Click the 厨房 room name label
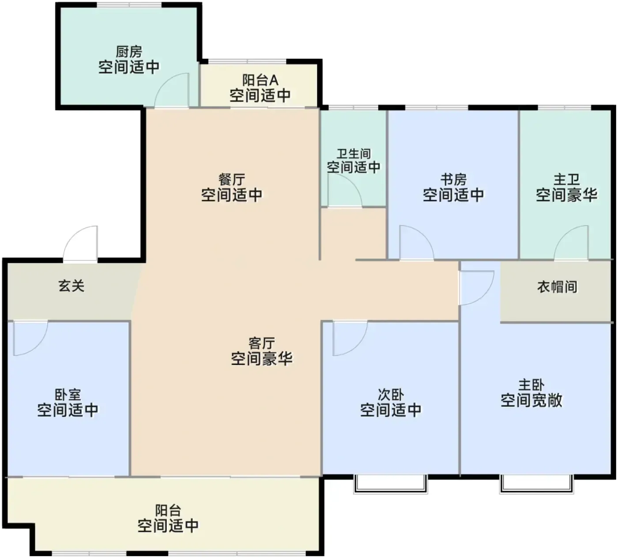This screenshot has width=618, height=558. click(x=129, y=52)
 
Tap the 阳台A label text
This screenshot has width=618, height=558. click(x=260, y=80)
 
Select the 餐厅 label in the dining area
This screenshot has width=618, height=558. click(x=232, y=179)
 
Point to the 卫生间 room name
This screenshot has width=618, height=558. click(x=353, y=153)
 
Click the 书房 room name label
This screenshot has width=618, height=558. click(x=453, y=179)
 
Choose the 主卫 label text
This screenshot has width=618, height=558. click(x=566, y=179)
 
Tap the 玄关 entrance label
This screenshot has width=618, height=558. click(x=71, y=286)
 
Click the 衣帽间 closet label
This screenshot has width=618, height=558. click(x=557, y=287)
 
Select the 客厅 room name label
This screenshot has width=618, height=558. click(x=262, y=343)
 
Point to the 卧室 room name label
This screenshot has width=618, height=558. click(x=68, y=395)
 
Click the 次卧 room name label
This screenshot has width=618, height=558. click(x=391, y=395)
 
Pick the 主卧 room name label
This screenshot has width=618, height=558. click(x=531, y=385)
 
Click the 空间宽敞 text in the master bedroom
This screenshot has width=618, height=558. click(x=531, y=400)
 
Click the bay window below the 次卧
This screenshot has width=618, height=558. click(x=391, y=484)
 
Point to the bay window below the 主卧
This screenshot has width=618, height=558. click(x=536, y=484)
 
